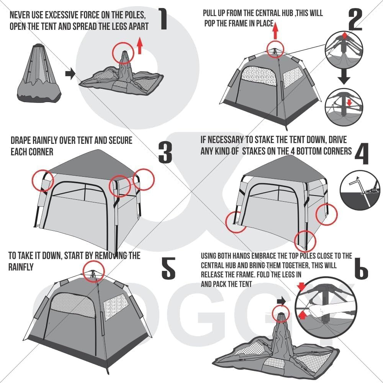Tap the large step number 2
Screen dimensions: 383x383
[x=355, y=19]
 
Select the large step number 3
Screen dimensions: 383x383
[x=165, y=153]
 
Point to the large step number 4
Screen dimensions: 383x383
[x=362, y=153]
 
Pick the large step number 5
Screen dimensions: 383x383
[x=169, y=268]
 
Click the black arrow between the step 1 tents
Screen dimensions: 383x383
[x=70, y=74]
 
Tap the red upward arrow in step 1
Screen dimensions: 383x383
[x=140, y=46]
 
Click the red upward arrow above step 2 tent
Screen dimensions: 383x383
[x=275, y=30]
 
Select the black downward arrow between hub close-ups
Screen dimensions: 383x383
[x=344, y=76]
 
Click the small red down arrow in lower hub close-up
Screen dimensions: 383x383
[x=350, y=103]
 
